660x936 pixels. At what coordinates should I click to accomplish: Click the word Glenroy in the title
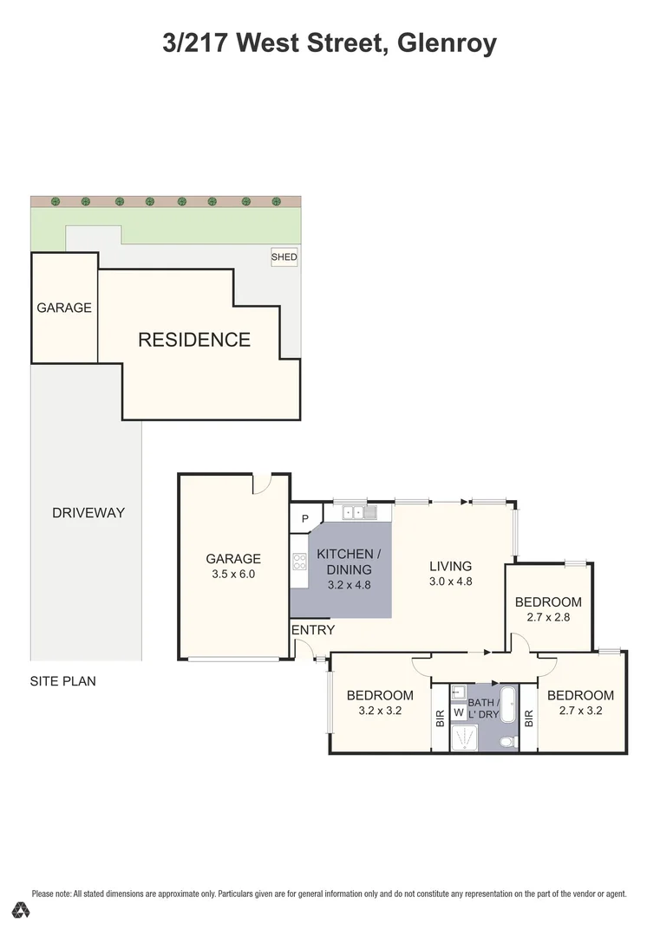447,42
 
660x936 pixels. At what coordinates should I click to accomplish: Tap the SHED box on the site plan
284,257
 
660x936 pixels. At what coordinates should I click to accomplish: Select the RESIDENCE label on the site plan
194,340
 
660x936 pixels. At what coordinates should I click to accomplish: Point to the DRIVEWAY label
88,512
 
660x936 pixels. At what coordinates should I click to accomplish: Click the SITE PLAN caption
63,681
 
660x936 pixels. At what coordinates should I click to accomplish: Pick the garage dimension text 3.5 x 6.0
232,574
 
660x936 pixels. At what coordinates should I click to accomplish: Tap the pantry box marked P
304,519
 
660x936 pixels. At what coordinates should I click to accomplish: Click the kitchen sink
359,513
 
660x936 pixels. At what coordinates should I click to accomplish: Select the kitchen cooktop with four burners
299,562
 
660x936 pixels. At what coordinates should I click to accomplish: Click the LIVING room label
451,567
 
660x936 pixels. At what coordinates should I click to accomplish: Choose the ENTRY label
313,630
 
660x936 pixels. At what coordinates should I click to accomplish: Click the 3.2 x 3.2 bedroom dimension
380,711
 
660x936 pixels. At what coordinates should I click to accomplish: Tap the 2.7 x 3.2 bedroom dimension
580,711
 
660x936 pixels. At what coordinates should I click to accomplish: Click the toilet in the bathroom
508,741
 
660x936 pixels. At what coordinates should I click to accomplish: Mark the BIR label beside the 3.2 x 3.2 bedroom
440,718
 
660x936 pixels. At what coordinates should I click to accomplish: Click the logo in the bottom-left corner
22,910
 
